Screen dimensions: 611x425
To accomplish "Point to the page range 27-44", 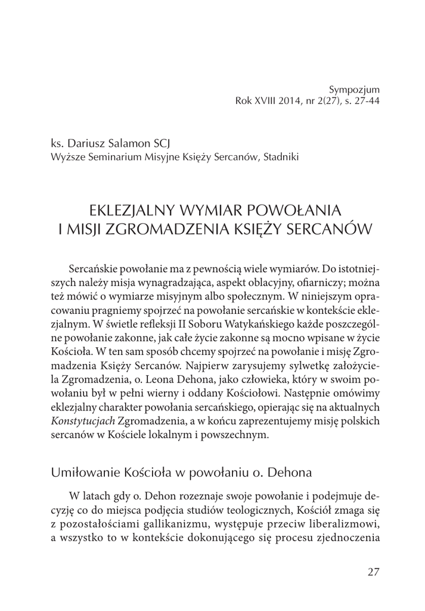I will tap(367, 100).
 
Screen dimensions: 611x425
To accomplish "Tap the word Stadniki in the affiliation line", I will tap(280, 157).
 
